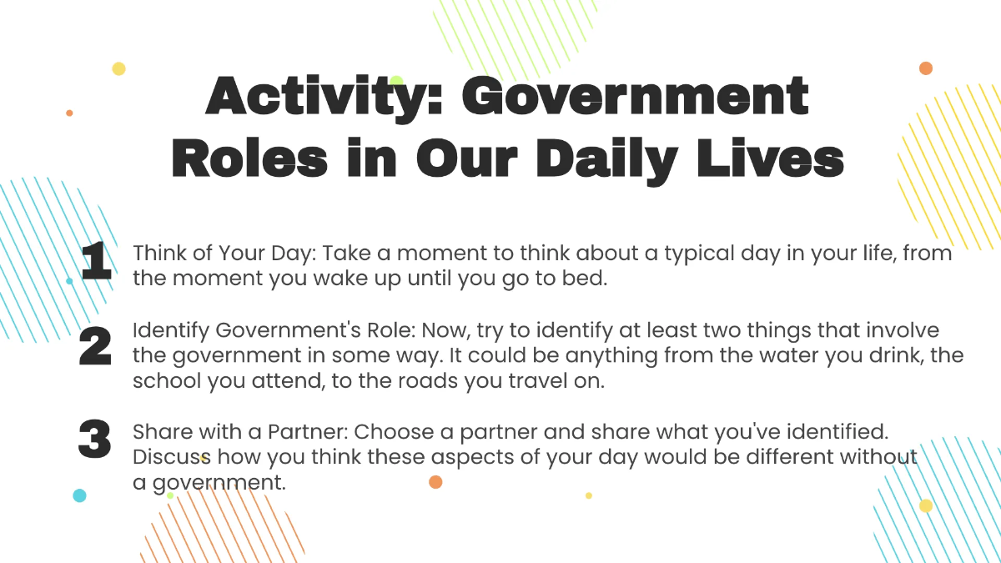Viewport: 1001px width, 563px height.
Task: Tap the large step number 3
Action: click(x=94, y=440)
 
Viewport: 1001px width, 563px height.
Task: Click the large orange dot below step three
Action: click(x=435, y=481)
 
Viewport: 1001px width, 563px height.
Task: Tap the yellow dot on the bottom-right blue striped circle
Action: click(x=926, y=505)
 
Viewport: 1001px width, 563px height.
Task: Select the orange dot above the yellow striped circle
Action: click(x=925, y=68)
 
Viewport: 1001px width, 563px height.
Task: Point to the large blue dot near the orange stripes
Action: click(x=79, y=495)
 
